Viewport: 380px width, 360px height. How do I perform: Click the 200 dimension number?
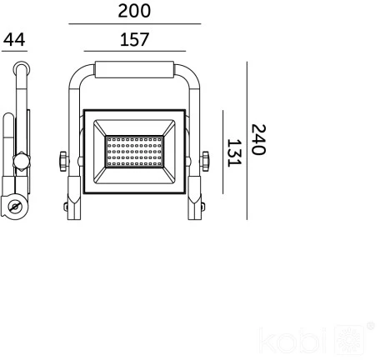point(134,11)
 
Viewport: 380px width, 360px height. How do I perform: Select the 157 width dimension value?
point(134,39)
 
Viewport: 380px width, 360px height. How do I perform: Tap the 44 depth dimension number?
point(14,39)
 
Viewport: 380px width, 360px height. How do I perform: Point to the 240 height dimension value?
point(258,139)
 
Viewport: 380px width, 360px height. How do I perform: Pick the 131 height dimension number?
point(234,152)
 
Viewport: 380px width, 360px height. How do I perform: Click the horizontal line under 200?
point(135,24)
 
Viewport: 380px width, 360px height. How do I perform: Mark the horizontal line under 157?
point(135,51)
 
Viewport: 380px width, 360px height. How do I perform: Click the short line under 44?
point(14,51)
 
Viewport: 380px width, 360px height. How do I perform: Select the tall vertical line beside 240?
point(247,141)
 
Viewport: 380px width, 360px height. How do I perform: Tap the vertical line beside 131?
point(222,152)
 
